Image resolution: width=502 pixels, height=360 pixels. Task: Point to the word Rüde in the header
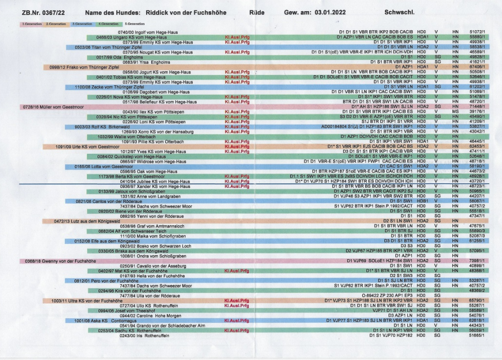[257, 12]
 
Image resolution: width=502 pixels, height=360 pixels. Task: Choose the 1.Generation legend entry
[31, 24]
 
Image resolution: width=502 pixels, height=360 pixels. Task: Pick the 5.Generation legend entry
[134, 24]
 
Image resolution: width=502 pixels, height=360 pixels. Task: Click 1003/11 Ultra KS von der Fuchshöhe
[86, 300]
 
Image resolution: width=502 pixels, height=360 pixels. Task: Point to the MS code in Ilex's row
[456, 111]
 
